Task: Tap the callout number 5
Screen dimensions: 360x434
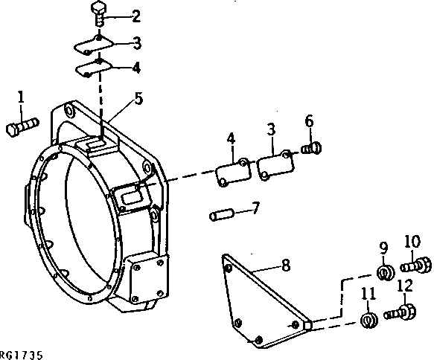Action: (x=138, y=97)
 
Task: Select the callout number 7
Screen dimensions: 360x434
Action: (x=255, y=208)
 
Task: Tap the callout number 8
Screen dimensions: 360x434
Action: (x=265, y=264)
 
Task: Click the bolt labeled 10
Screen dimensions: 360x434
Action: (x=415, y=264)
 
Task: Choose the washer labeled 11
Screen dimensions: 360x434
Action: (x=367, y=320)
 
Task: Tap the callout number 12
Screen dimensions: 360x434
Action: (x=404, y=286)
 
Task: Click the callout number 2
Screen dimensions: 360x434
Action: (x=135, y=16)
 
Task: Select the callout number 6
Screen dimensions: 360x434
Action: (x=309, y=120)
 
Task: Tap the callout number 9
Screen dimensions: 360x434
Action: (x=383, y=248)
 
